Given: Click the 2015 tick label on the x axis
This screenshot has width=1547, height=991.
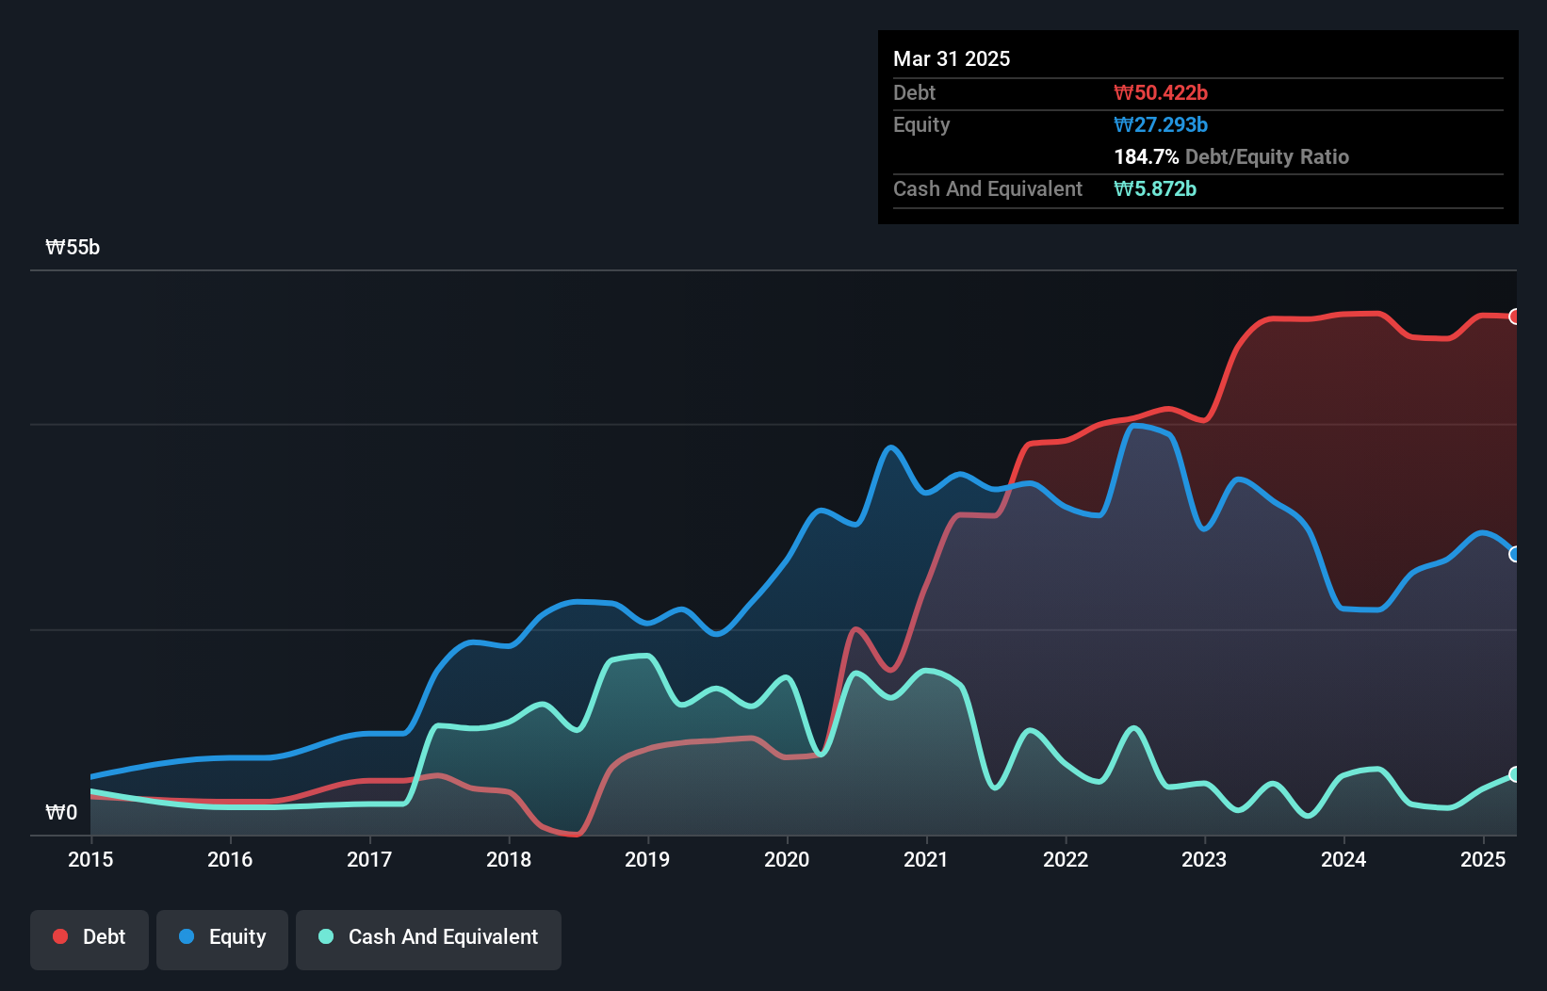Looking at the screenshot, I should (90, 859).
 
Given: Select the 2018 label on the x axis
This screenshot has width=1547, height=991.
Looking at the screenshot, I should (509, 859).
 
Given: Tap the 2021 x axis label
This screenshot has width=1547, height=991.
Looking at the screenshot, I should (926, 859).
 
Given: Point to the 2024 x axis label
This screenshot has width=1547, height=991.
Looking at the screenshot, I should (1343, 859).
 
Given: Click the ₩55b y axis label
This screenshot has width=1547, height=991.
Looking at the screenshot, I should (73, 248).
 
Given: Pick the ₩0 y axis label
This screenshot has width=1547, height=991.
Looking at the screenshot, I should (61, 812).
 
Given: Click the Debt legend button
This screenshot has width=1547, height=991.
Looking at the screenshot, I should (90, 937).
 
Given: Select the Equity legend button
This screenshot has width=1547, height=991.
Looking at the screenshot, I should (222, 937).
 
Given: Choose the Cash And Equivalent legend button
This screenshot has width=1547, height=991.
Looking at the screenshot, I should (429, 937).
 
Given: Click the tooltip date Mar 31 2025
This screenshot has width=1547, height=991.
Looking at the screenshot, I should (952, 58).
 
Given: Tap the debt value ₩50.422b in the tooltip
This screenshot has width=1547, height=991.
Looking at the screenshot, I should (1161, 92).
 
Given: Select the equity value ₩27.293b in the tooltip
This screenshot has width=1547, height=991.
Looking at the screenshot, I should (1161, 124).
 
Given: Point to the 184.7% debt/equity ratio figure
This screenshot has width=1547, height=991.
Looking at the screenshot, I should (1146, 156).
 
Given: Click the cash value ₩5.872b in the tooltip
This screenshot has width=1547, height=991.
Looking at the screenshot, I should (1155, 188).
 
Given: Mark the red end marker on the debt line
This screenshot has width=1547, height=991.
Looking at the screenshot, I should (1515, 317).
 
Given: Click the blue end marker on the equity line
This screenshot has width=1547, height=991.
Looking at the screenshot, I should (1515, 554).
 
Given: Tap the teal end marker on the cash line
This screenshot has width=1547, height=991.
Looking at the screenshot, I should (1515, 774).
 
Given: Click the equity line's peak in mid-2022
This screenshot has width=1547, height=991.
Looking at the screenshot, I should (1136, 426).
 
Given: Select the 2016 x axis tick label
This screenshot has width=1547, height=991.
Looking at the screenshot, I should (230, 859).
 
